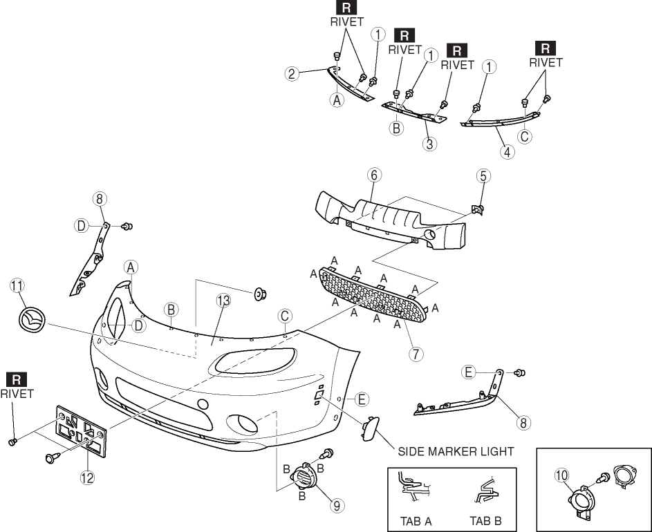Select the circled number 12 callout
[87, 477]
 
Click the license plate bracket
[82, 430]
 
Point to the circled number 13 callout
[222, 301]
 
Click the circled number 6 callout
[373, 175]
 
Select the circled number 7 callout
[415, 353]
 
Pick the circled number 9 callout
[337, 505]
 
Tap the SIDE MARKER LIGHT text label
[456, 451]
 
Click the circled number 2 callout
[293, 73]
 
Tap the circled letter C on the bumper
[285, 315]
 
